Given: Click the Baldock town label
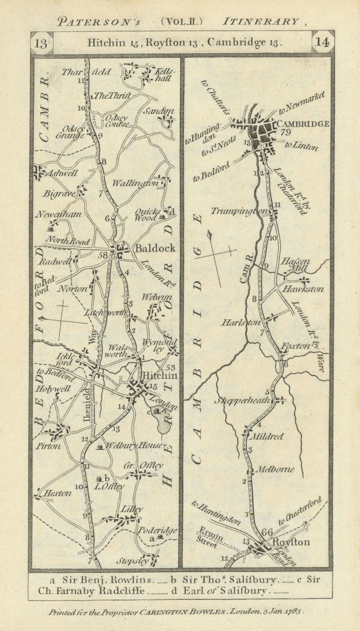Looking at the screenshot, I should click(155, 248).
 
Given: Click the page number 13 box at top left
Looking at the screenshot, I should click(41, 43).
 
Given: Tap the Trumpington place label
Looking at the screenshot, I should click(239, 211).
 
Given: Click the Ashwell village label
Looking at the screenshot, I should click(61, 173).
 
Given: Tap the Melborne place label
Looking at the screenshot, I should click(275, 470).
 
